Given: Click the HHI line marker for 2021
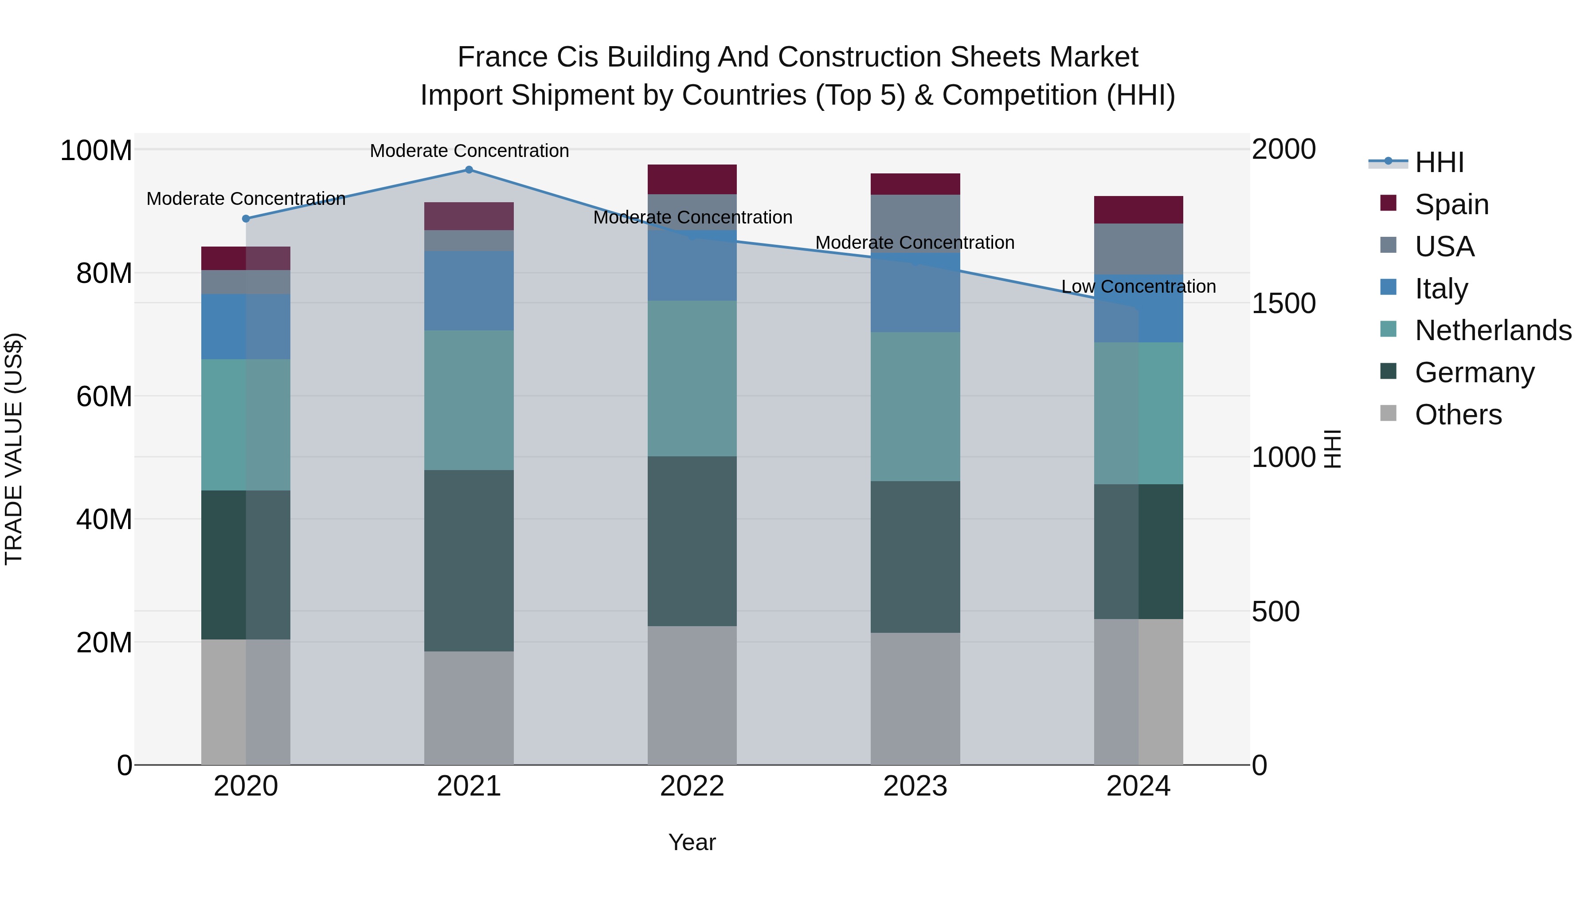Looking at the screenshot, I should [x=469, y=170].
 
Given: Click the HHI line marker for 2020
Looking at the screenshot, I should [x=246, y=219].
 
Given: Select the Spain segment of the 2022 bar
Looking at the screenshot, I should [x=692, y=180].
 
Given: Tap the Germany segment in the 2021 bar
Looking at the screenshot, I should [x=469, y=561].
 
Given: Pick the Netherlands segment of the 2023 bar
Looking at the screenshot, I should [x=915, y=407].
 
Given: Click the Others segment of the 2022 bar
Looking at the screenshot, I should [x=692, y=695].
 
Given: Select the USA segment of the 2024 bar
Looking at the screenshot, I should [x=1138, y=249].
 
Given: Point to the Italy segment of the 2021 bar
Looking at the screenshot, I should [x=469, y=290].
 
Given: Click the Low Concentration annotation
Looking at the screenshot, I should [x=1138, y=287].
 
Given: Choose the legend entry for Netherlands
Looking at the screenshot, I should [x=1493, y=330].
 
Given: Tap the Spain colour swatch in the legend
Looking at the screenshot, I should [x=1389, y=203].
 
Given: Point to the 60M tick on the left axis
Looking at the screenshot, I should [x=104, y=396].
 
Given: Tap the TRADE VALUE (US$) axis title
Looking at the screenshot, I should [x=14, y=449].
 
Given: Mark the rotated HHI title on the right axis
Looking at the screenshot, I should [x=1332, y=449].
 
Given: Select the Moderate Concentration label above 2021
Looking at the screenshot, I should [x=469, y=151].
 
